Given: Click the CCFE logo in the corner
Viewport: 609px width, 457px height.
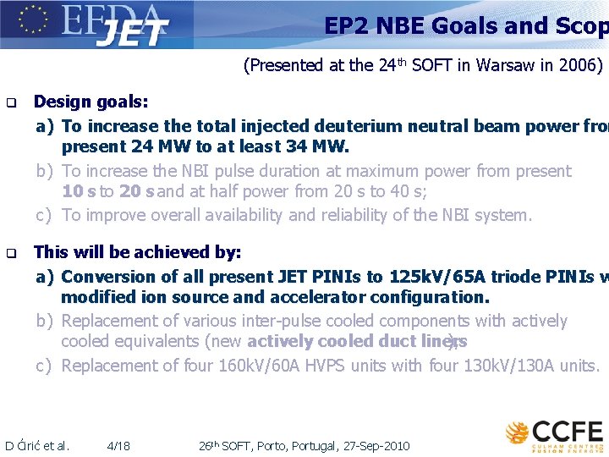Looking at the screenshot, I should [554, 432].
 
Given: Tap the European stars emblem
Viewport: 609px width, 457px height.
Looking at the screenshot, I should [31, 20].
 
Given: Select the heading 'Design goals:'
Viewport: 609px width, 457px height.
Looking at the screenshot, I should [91, 102].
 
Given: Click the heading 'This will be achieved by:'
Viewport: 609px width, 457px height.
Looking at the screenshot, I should [137, 252].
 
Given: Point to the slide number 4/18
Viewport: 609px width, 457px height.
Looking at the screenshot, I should [119, 445].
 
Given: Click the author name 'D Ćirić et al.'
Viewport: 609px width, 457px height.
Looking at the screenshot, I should [37, 445].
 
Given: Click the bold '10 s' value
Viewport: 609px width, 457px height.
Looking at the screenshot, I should [79, 192].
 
